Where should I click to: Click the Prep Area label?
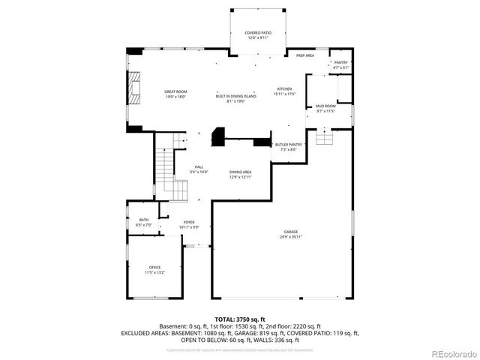coord(304,55)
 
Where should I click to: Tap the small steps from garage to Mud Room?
coord(324,139)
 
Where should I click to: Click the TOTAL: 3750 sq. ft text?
coord(240,319)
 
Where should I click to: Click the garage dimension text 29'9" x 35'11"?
coord(291,238)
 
